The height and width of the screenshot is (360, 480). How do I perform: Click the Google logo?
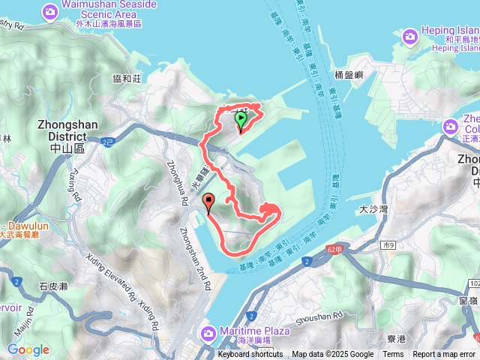point(28,349)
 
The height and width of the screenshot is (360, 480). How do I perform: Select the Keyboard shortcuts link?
point(250,355)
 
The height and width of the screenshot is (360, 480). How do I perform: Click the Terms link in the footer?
point(393,355)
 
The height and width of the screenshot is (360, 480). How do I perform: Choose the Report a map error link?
point(444,355)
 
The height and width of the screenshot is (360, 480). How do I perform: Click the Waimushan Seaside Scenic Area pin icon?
point(50,11)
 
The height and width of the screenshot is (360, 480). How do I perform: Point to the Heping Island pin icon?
point(409,35)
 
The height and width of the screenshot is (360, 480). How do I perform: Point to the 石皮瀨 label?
point(53,286)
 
